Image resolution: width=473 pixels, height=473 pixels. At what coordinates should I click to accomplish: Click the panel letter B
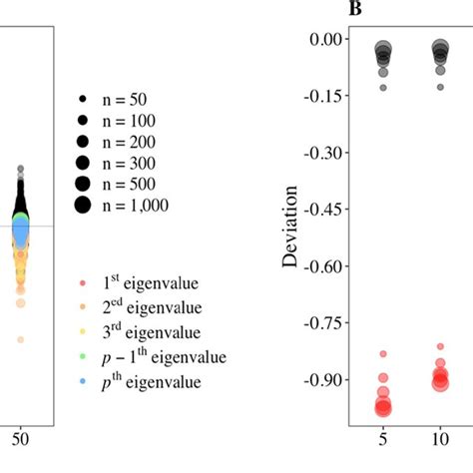coord(354,10)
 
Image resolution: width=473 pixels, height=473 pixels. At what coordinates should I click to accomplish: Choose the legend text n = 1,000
coord(134,206)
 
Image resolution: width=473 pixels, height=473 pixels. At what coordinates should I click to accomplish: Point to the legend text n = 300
coord(127,164)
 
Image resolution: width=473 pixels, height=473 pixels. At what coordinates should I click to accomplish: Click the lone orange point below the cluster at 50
coord(20,339)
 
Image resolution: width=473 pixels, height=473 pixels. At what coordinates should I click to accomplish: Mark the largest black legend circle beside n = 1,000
coord(82,206)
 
